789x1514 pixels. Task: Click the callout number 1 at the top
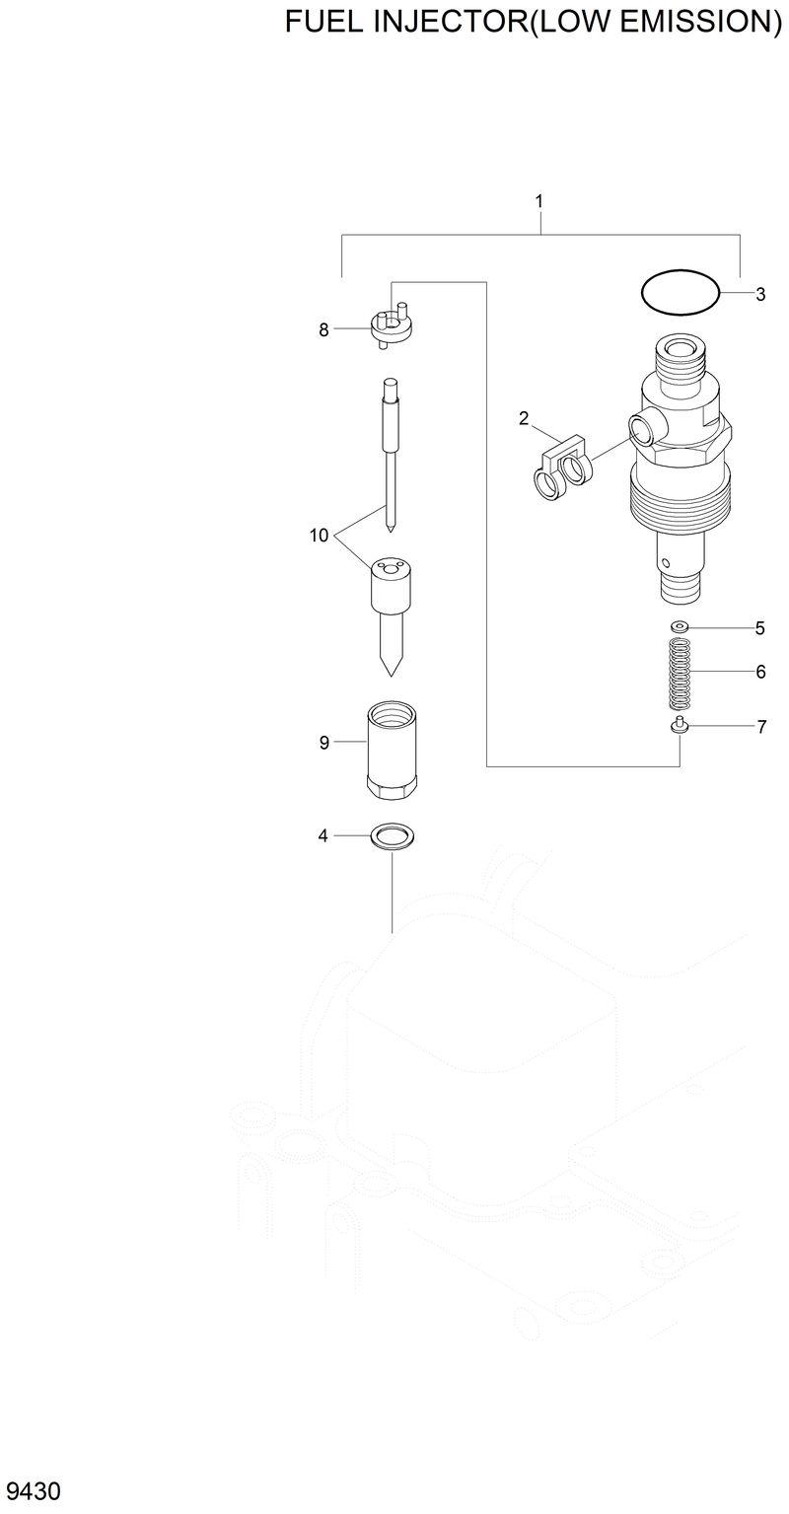(539, 201)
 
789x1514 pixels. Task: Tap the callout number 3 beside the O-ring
(760, 294)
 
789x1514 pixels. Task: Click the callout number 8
(323, 330)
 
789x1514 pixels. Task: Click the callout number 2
(525, 418)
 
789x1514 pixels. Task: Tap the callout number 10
(319, 536)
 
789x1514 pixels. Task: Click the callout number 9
(323, 743)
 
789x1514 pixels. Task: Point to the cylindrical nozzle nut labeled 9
(392, 751)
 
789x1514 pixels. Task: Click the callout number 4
(323, 836)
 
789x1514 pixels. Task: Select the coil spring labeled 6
(679, 675)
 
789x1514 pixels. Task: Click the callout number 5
(760, 628)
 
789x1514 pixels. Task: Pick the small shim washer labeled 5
(679, 627)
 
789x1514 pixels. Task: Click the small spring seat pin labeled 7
(679, 728)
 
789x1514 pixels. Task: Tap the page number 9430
(33, 1489)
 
